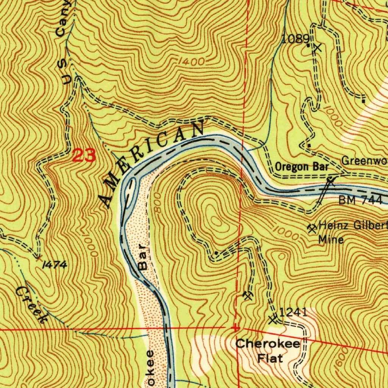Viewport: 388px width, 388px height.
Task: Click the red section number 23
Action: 84,155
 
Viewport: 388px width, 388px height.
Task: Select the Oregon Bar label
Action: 302,166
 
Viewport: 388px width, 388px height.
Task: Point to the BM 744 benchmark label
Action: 360,200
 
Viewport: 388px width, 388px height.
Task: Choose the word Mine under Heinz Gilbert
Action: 331,239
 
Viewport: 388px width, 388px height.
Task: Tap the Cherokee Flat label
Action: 268,350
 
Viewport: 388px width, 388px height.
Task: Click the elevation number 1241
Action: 293,312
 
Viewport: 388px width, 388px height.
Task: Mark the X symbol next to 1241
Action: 272,319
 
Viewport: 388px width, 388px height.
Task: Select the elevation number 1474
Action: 55,265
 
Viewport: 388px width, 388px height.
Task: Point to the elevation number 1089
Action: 296,38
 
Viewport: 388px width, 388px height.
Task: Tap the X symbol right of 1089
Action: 318,48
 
